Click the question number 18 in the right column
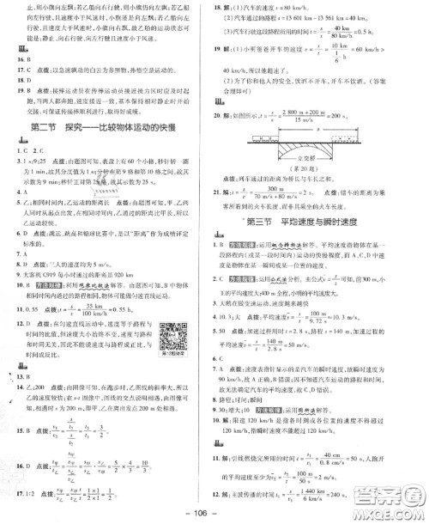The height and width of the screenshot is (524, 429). [223, 7]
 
